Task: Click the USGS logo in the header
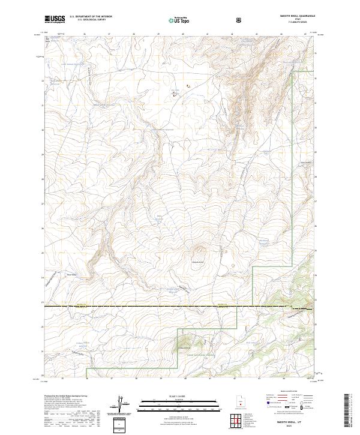(x=55, y=19)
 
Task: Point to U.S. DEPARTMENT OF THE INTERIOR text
(x=91, y=17)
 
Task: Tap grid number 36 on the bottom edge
(x=88, y=378)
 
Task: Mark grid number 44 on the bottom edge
(x=283, y=378)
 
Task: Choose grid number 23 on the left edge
(x=43, y=302)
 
